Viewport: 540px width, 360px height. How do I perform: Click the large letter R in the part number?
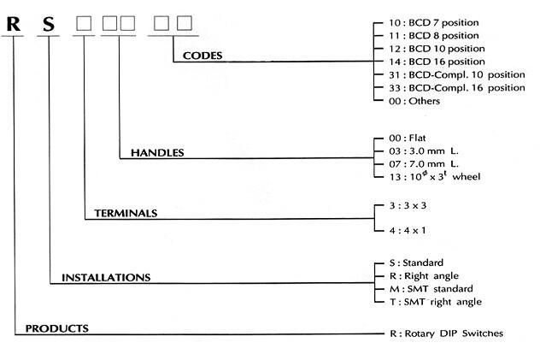15,24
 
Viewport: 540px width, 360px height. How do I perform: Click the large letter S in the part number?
50,25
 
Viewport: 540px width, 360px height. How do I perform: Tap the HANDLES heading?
158,153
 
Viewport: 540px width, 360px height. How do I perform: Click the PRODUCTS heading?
57,328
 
